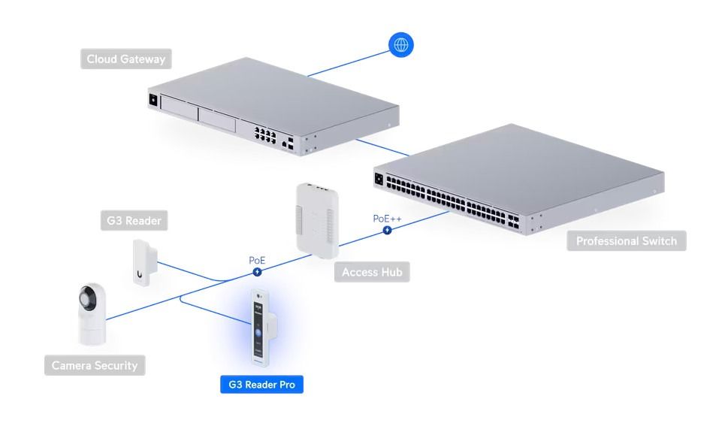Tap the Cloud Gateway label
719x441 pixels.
(125, 59)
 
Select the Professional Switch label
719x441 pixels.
(626, 241)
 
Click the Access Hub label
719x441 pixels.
(372, 272)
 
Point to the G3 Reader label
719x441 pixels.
(132, 221)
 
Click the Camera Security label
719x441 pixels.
(95, 366)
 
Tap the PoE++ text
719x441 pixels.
(387, 219)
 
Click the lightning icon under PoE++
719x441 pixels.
(387, 230)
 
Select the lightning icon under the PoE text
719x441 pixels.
(257, 271)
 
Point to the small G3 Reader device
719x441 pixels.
(142, 261)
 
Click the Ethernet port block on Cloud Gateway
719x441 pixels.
(265, 134)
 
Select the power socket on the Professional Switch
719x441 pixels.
(379, 180)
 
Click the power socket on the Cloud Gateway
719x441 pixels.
(153, 98)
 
